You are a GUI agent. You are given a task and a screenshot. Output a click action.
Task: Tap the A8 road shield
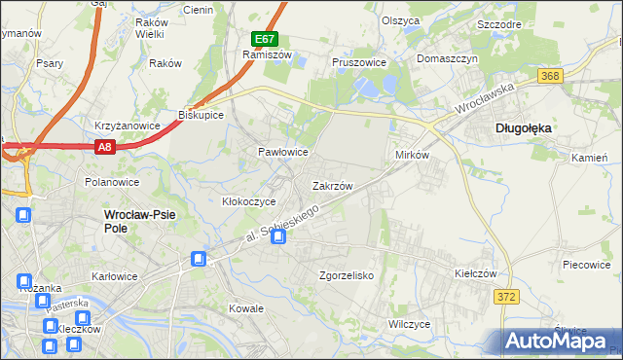pos(107,146)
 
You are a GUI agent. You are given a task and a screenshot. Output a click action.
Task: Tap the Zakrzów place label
pos(332,185)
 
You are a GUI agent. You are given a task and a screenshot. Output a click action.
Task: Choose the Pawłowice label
pos(283,153)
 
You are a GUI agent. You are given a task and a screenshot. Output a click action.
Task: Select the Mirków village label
pos(412,156)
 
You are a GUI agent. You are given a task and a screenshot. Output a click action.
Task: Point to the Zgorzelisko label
pos(348,275)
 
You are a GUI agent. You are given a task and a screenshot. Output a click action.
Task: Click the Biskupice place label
pos(202,114)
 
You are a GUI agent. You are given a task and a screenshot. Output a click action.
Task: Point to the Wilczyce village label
pos(409,323)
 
